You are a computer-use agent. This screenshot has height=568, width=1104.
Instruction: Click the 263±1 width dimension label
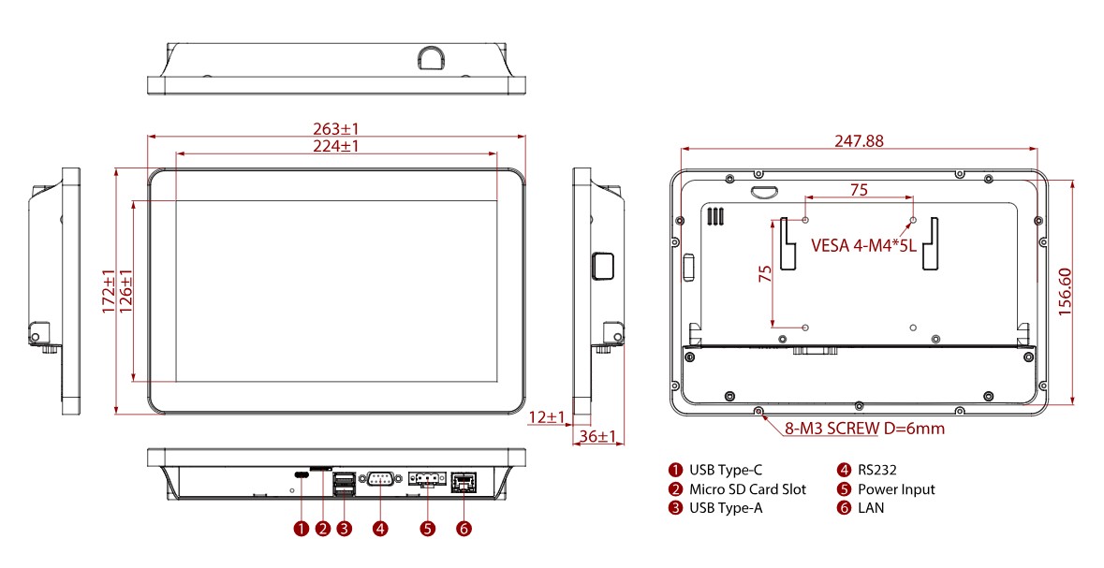pyautogui.click(x=336, y=128)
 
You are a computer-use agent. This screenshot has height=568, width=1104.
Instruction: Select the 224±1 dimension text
pyautogui.click(x=336, y=146)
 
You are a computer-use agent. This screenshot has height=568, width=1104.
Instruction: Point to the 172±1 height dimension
pyautogui.click(x=109, y=291)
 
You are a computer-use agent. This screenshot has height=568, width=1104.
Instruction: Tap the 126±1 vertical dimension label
pyautogui.click(x=126, y=291)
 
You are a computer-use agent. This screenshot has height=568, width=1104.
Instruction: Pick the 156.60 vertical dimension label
pyautogui.click(x=1066, y=291)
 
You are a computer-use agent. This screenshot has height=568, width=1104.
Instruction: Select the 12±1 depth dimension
pyautogui.click(x=546, y=416)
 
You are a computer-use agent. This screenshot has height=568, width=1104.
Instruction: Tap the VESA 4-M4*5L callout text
pyautogui.click(x=862, y=247)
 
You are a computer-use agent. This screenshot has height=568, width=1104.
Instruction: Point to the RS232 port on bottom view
pyautogui.click(x=380, y=480)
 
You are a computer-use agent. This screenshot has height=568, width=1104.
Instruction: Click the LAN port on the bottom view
pyautogui.click(x=463, y=481)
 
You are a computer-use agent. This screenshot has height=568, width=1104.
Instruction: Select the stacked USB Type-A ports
pyautogui.click(x=344, y=482)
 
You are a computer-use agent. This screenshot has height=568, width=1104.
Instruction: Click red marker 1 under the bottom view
pyautogui.click(x=301, y=529)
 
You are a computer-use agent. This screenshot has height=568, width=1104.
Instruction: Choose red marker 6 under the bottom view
pyautogui.click(x=464, y=529)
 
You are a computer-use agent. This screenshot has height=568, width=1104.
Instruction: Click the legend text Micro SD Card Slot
pyautogui.click(x=747, y=489)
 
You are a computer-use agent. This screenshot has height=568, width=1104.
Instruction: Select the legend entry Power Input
pyautogui.click(x=896, y=489)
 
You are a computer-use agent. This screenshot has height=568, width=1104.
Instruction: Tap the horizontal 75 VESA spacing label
pyautogui.click(x=859, y=189)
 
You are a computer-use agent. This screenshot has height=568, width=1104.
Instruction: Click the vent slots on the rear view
pyautogui.click(x=716, y=216)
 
